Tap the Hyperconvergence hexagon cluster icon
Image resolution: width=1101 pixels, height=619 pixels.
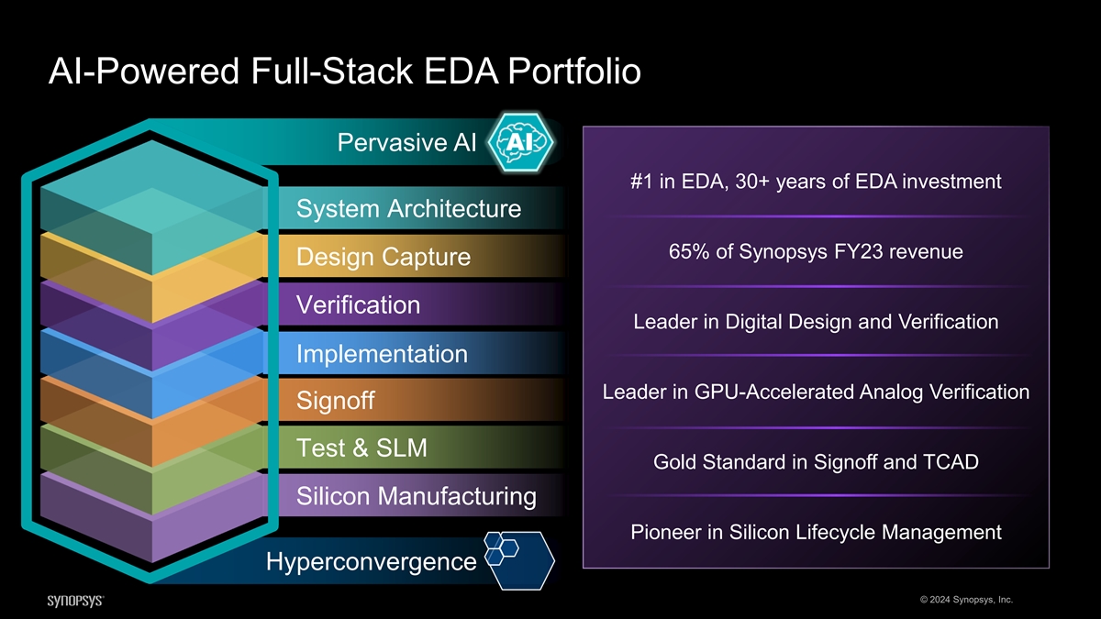[x=519, y=558]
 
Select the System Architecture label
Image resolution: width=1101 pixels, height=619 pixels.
[x=408, y=209]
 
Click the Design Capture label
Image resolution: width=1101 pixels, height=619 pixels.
[x=384, y=258]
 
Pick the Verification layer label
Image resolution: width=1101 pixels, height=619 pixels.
[x=358, y=304]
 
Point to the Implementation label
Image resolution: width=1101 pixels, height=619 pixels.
[x=382, y=353]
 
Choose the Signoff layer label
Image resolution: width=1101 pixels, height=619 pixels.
[x=335, y=402]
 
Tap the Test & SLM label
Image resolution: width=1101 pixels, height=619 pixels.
[x=361, y=448]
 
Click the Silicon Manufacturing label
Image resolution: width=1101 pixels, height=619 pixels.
[x=417, y=496]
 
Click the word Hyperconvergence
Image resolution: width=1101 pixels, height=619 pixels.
[x=371, y=561]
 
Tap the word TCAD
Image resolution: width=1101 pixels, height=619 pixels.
[x=951, y=462]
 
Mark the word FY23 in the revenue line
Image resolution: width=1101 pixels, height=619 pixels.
[x=862, y=251]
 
